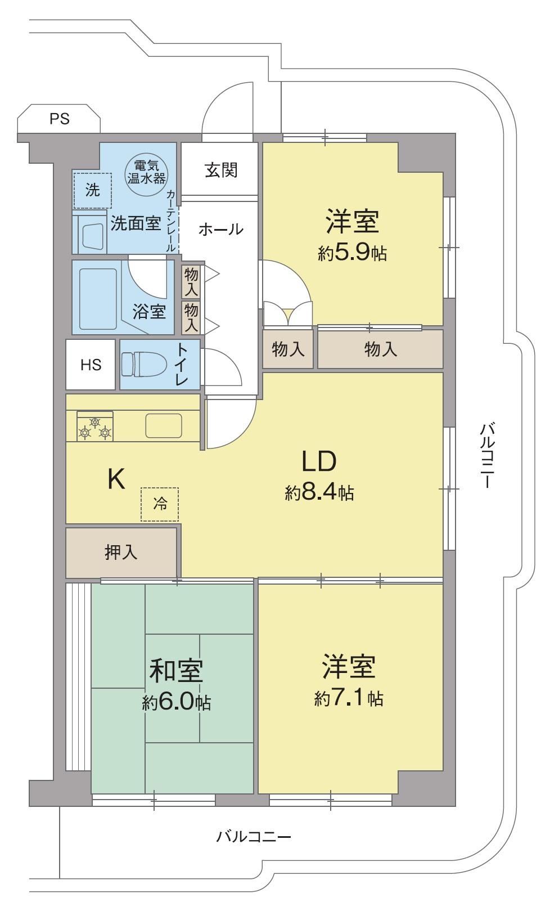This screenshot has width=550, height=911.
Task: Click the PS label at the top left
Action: [x=60, y=119]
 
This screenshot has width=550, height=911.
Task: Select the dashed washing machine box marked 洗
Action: [x=92, y=190]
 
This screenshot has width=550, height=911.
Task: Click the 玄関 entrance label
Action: [x=221, y=170]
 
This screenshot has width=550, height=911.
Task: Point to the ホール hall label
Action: [x=221, y=230]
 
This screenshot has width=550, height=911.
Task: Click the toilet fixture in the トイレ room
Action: [x=144, y=364]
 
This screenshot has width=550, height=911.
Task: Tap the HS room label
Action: [x=91, y=365]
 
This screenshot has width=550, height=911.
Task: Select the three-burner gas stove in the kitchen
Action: [x=95, y=426]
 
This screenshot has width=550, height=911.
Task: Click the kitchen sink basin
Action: [x=164, y=425]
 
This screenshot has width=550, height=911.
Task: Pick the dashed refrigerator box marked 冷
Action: [x=160, y=504]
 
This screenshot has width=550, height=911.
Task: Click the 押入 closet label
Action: [x=121, y=553]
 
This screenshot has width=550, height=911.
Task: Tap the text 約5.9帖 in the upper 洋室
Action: [x=352, y=253]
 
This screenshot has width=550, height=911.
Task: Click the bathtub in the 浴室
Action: [x=98, y=299]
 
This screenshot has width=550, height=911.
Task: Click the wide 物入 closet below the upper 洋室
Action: [x=380, y=349]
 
